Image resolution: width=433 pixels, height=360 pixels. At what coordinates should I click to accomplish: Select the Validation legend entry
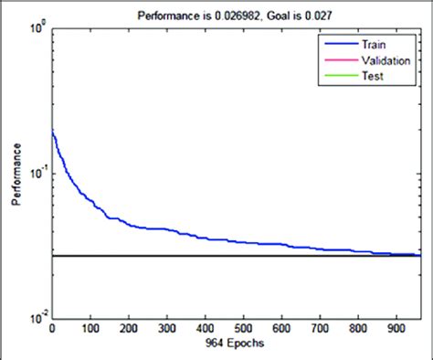click(388, 59)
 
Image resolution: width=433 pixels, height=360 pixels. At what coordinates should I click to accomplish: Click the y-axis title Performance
click(16, 174)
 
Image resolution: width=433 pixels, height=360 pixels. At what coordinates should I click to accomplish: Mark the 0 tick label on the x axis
click(52, 330)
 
